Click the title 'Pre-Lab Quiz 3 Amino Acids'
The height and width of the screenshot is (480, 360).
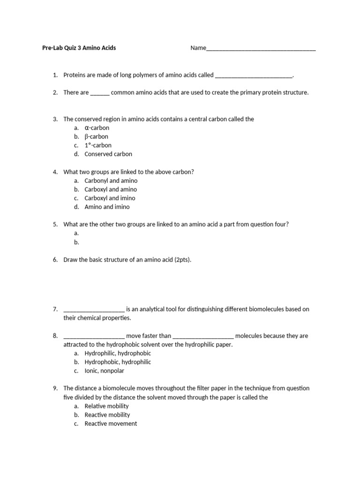tap(79, 48)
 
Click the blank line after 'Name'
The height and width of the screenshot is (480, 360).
tap(261, 49)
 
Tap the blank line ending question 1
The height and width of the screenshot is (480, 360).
tap(253, 75)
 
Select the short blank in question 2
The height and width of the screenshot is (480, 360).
tap(99, 93)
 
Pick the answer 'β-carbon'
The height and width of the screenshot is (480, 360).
tap(96, 137)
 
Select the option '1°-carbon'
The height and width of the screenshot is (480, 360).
tap(98, 145)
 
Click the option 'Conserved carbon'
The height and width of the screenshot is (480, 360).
tap(108, 154)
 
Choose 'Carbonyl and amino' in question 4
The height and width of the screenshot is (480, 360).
tap(111, 181)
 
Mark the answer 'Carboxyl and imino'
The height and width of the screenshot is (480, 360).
tap(110, 198)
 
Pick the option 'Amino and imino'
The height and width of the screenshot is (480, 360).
tap(107, 207)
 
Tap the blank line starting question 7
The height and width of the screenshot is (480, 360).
tap(94, 310)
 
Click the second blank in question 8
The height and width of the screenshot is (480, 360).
tap(203, 337)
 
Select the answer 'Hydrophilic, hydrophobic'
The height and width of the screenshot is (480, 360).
tap(118, 353)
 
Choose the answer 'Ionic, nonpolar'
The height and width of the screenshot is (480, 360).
tap(105, 371)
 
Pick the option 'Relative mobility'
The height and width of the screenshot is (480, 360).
tap(106, 406)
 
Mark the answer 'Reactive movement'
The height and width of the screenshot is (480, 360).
tap(111, 424)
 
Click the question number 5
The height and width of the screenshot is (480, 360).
tap(55, 225)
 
